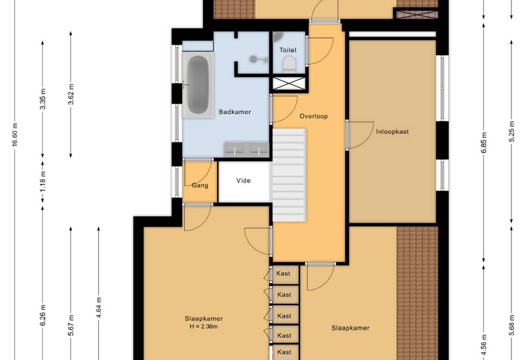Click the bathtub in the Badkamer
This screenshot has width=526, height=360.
pos(198,85)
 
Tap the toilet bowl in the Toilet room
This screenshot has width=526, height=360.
pos(289,64)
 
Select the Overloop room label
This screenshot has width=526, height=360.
pos(314,116)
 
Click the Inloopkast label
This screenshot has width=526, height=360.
pos(392,131)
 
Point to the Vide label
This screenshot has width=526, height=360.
pos(243,180)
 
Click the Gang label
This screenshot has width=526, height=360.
pos(200,185)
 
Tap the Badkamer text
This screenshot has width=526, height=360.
pos(235,112)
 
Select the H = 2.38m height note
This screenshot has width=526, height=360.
pos(204,326)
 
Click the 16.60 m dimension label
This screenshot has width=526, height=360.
pos(15,134)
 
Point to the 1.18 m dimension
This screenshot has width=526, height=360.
pos(43,181)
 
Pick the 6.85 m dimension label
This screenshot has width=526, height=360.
pos(484,143)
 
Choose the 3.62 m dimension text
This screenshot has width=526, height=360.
pos(71,94)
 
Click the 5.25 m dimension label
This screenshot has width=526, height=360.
pos(512,131)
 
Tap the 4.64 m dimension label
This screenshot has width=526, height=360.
pos(99,307)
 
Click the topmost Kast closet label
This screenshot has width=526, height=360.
pos(283,273)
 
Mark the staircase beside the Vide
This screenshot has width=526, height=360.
pos(289,175)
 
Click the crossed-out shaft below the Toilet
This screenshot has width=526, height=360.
pos(289,83)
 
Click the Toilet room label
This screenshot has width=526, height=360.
pos(288,50)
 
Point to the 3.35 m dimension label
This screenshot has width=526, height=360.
pos(43,99)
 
